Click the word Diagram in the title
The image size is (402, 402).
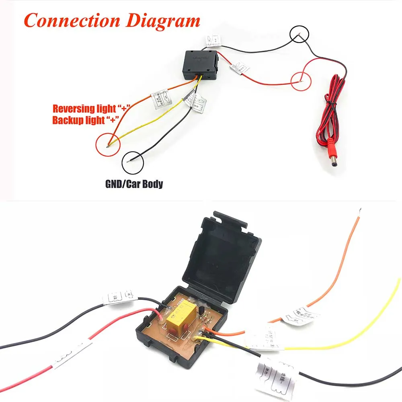(x=163, y=20)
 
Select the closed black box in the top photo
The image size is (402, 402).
(x=200, y=64)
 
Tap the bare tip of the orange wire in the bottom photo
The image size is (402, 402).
(x=361, y=210)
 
